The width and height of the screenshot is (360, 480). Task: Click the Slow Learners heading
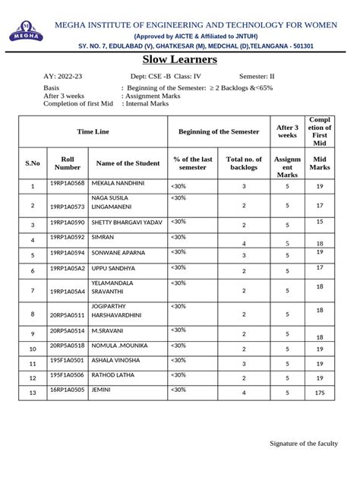tap(180, 59)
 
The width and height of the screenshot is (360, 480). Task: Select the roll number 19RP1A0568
tap(67, 184)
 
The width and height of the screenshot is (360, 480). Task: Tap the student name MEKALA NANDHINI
tap(118, 184)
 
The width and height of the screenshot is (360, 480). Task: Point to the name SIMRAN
tap(103, 238)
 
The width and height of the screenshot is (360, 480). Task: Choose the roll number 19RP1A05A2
tap(67, 268)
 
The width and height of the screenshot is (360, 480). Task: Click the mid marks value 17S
tap(320, 393)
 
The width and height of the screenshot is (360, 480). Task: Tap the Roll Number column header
tap(67, 163)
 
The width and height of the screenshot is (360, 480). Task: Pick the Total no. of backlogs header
tap(244, 163)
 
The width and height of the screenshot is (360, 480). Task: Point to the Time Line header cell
tap(93, 131)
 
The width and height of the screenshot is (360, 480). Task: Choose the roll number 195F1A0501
tap(67, 361)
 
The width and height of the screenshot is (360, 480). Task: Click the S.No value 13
tap(33, 393)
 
